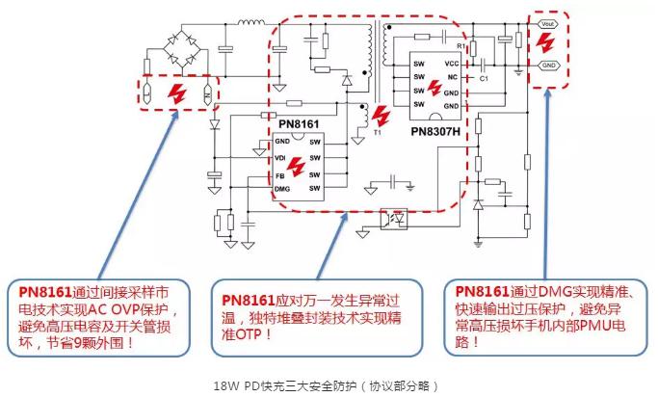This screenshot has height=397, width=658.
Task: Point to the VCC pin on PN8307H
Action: (x=452, y=63)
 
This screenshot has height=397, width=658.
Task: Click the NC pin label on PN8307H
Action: (x=452, y=77)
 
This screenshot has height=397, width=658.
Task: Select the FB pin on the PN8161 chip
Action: (x=279, y=175)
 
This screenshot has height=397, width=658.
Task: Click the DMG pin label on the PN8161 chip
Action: (x=282, y=190)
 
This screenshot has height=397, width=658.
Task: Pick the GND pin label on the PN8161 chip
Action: (x=281, y=143)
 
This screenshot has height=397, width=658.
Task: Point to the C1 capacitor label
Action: (x=485, y=78)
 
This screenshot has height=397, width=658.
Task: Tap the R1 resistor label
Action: (x=461, y=45)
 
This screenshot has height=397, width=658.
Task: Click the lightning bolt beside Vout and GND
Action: (x=546, y=44)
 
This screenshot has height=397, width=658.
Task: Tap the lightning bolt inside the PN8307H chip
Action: (x=434, y=88)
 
